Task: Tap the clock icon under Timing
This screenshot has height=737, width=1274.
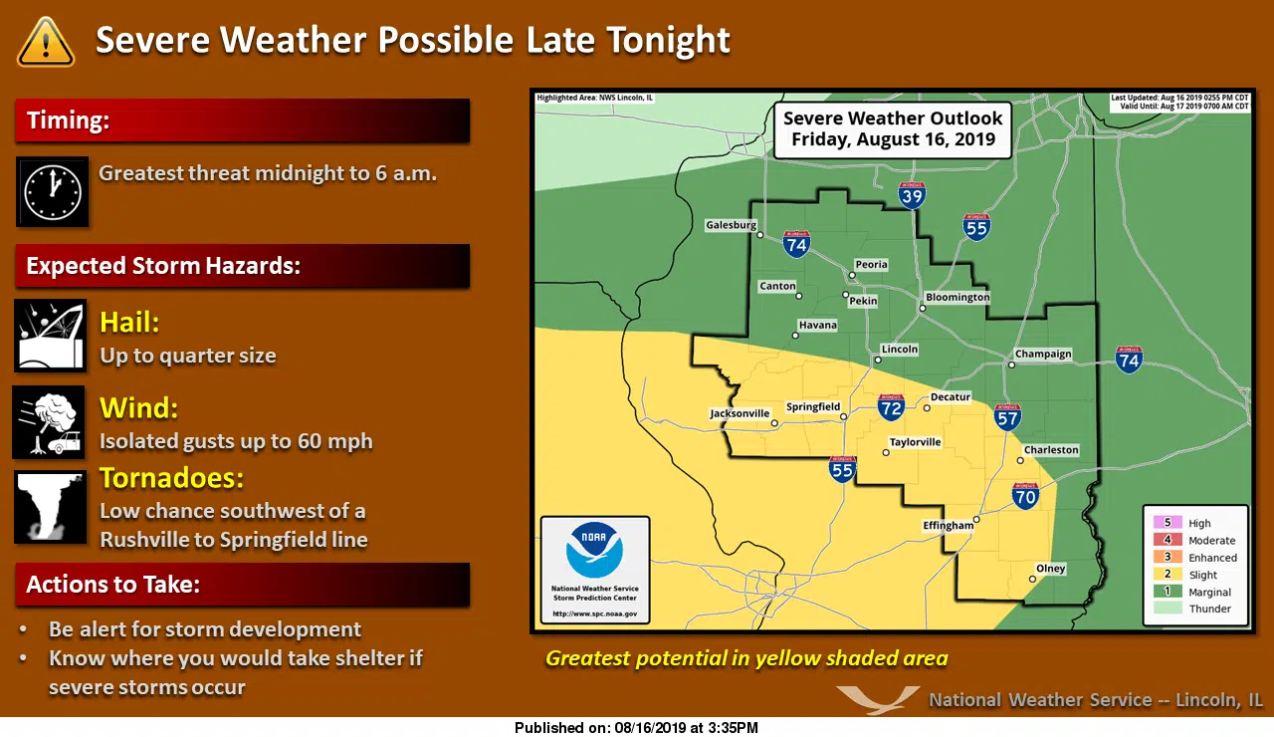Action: coord(53,191)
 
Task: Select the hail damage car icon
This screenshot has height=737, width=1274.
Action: coord(50,336)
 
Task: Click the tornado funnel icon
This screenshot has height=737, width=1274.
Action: coord(50,508)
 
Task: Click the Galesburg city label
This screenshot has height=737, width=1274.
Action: coord(732,225)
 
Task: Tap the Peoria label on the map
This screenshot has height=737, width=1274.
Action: coord(871,265)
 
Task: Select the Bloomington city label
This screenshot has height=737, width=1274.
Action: coord(957,297)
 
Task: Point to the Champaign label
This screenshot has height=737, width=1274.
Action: coord(1043,354)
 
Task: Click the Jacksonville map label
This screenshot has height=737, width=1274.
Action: coord(740,413)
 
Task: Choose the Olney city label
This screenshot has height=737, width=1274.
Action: coord(1051,569)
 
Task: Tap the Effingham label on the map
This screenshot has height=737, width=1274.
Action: coord(948,526)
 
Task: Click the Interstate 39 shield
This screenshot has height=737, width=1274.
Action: coord(912,195)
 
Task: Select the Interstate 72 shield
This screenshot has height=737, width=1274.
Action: coord(891,406)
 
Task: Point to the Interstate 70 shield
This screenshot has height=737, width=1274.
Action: coord(1026,495)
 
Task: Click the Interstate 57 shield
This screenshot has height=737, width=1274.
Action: coord(1007,416)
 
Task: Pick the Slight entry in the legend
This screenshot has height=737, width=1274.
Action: coord(1202,575)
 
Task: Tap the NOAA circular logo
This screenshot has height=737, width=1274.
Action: coord(595,550)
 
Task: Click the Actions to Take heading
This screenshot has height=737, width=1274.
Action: coord(112,585)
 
